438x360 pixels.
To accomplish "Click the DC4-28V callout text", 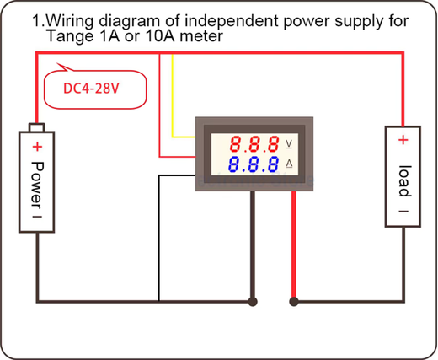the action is coord(91,89).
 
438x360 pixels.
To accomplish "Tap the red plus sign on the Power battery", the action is coord(37,147).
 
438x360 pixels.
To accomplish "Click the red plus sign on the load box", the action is coord(403,140).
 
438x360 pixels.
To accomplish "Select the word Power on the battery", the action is coord(37,185).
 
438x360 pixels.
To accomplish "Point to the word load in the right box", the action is coord(404,181).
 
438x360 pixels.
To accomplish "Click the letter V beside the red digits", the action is coord(289,143).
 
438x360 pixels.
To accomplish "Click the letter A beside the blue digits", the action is coord(289,164).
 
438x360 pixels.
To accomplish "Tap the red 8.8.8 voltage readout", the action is coord(254,143).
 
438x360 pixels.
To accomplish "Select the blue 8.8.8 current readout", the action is coord(254,164).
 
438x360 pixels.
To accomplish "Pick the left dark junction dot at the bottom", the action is coord(253,302).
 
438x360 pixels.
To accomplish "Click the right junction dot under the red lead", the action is coord(294,302).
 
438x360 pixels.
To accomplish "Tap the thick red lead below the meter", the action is coord(294,244).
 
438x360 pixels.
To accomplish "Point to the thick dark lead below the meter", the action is coord(253,244).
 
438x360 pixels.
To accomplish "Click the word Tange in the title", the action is coord(70,36).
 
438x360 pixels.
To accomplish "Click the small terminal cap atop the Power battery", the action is coord(36,127).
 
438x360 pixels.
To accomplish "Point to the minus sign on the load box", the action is coord(404,212).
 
